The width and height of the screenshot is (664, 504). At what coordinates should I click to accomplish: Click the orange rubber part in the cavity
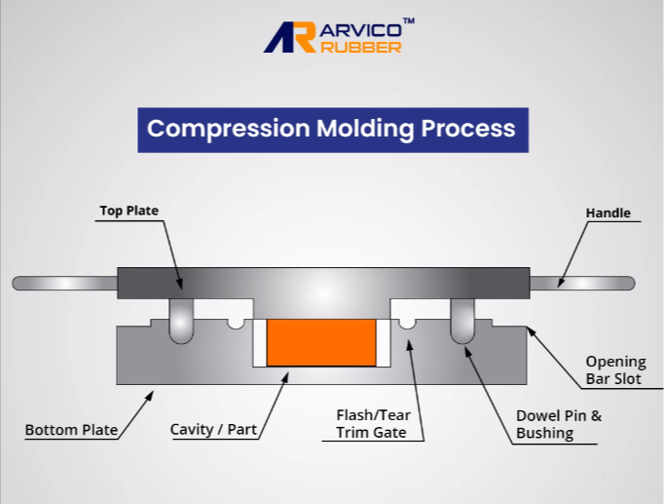tap(321, 342)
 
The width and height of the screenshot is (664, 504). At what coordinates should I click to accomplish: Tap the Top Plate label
tap(129, 211)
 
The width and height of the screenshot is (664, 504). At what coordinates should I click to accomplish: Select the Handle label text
tap(609, 213)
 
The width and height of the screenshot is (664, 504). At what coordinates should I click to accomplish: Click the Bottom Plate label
tap(71, 430)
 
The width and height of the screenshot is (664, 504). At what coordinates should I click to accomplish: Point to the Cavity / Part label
tap(213, 429)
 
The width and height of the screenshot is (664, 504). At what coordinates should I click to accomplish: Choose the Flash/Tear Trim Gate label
tap(373, 423)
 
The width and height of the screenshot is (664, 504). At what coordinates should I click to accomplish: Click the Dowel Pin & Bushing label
tap(559, 424)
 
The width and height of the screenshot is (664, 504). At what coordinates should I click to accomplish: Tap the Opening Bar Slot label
tap(615, 370)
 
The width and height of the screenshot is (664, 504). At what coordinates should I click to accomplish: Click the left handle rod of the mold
tap(65, 283)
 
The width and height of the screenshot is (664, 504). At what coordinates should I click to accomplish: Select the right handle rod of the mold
tap(582, 283)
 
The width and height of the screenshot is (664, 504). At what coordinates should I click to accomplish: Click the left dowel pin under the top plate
tap(181, 321)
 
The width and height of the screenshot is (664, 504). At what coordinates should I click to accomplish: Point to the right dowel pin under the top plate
tap(462, 321)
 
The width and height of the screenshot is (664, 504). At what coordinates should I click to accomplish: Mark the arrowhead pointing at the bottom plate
tap(149, 396)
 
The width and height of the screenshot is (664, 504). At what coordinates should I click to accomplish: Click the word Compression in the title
tap(229, 129)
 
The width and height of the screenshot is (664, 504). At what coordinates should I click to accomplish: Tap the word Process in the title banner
tap(468, 128)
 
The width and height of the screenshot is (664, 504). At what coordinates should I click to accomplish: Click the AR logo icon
tap(290, 37)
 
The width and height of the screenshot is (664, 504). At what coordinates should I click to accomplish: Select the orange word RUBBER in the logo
tap(361, 47)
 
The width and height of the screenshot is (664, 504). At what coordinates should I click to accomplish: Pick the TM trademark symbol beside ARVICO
tap(409, 20)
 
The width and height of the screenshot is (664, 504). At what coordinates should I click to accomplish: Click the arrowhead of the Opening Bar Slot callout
tap(531, 331)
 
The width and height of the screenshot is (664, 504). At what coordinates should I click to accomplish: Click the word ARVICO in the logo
tap(361, 30)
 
